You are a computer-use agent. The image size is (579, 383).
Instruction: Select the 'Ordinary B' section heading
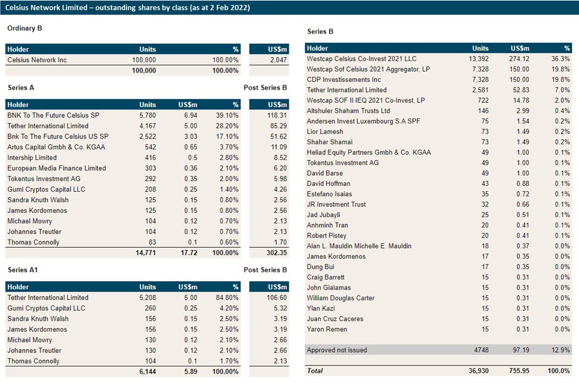click(25, 28)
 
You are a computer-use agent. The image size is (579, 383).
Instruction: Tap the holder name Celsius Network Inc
click(37, 60)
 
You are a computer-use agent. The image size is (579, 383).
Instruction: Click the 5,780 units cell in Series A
click(147, 115)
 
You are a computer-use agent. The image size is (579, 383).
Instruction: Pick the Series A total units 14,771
click(144, 253)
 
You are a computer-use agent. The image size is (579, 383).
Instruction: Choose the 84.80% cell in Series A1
click(226, 298)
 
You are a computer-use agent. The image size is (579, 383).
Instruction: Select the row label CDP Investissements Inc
click(344, 79)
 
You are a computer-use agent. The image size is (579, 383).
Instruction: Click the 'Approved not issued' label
click(337, 350)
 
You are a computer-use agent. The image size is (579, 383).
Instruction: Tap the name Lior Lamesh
click(325, 131)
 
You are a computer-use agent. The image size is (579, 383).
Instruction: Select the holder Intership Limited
click(32, 157)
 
